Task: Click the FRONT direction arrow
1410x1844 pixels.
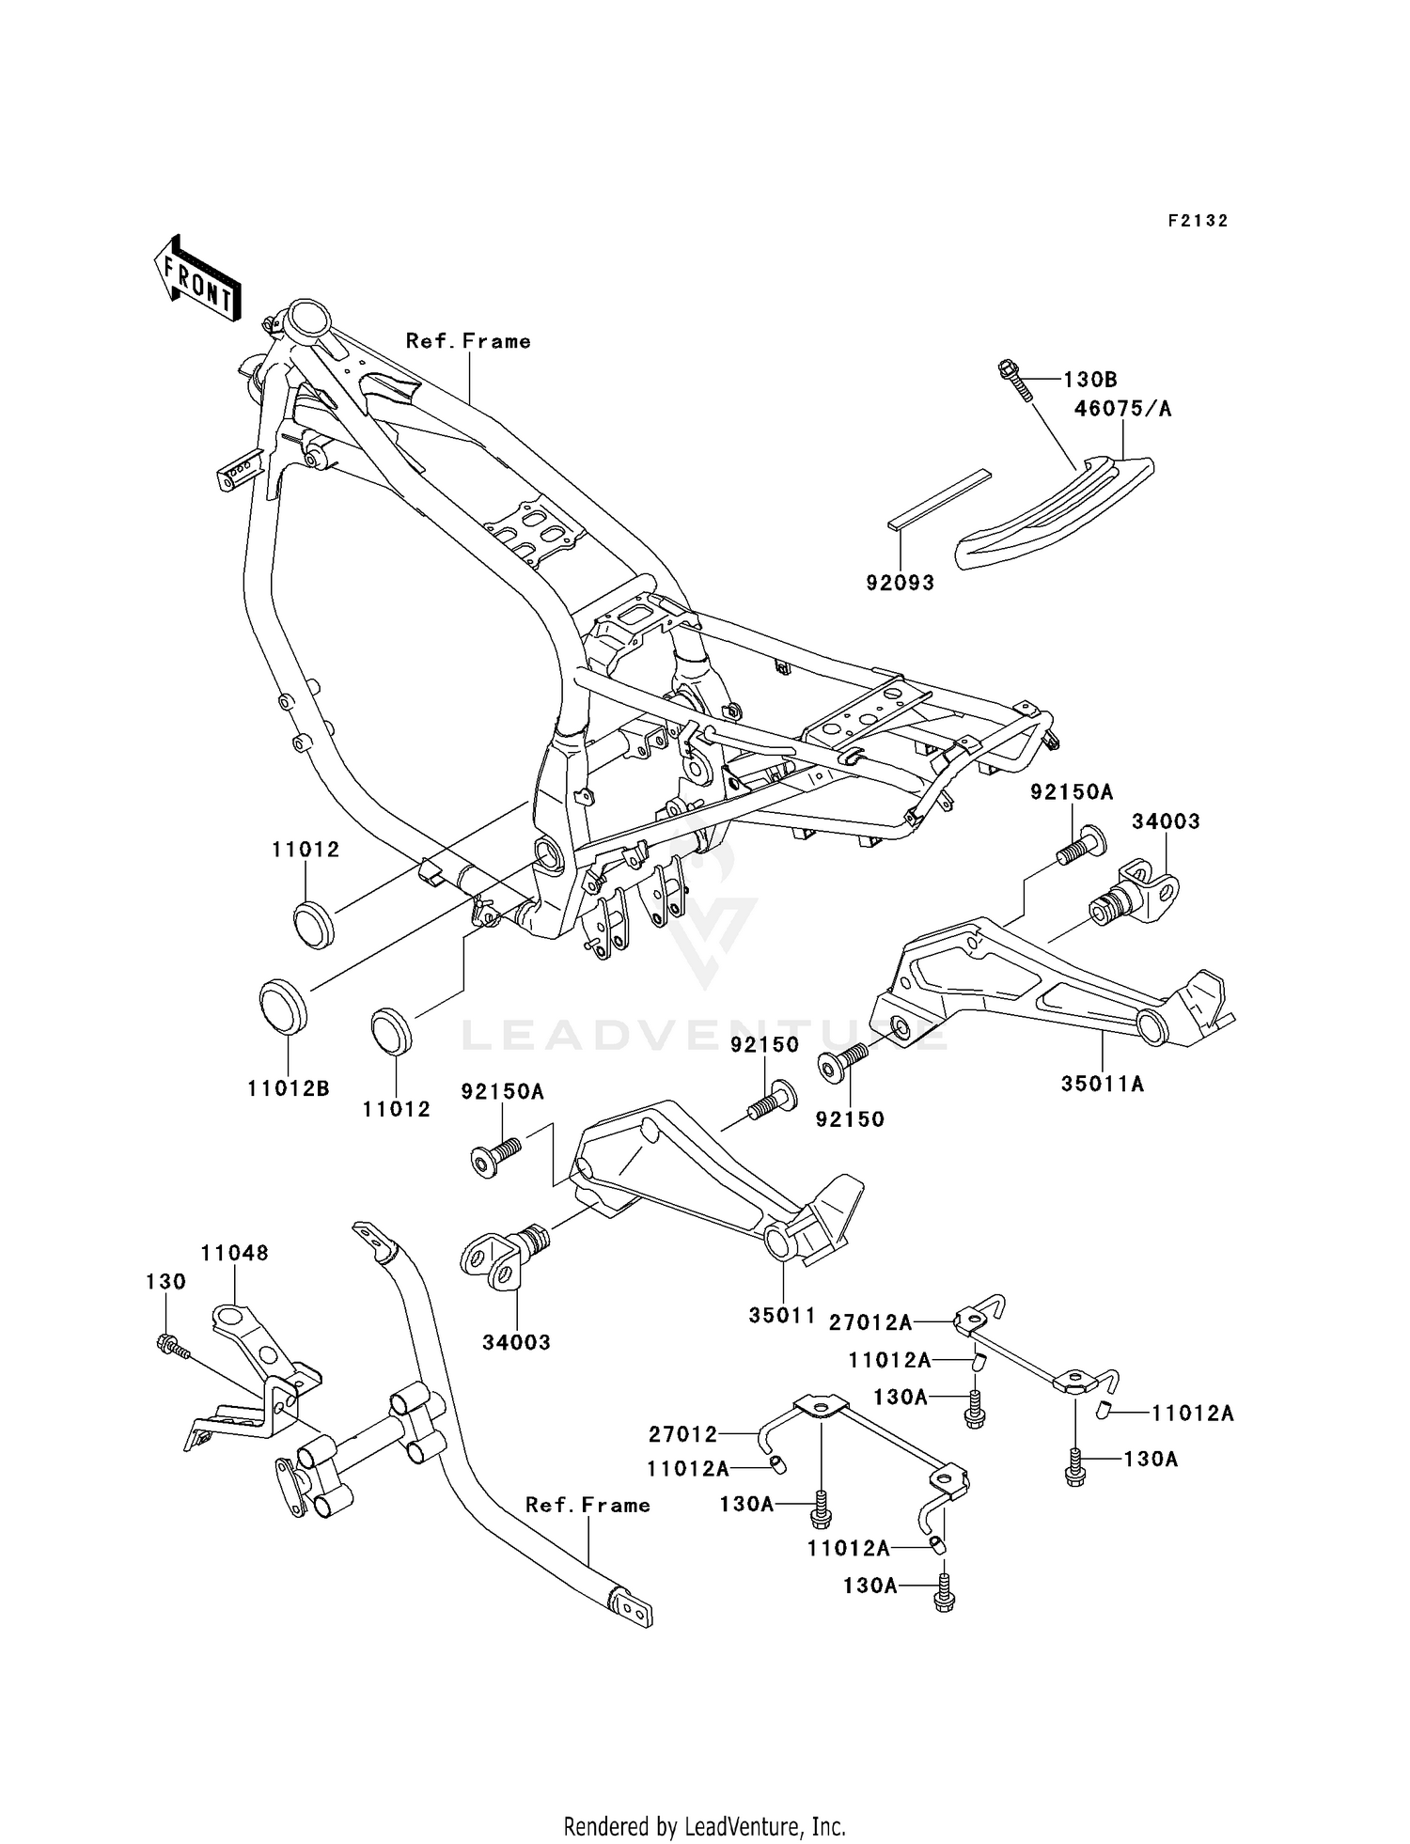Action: [196, 279]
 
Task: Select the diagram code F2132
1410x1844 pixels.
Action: [1198, 221]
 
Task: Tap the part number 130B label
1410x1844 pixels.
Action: [1090, 380]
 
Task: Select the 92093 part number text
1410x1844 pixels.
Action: [901, 583]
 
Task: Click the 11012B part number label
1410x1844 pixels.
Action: [289, 1088]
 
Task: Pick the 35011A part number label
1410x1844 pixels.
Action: [1103, 1084]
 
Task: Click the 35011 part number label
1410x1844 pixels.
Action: [782, 1316]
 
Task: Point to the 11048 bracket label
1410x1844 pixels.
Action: [235, 1253]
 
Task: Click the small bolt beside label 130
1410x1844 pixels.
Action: [172, 1347]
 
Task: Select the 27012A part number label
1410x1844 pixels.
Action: [870, 1323]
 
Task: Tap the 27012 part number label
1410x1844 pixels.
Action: [682, 1434]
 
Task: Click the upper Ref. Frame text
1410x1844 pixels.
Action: [468, 341]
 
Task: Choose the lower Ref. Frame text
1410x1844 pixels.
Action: [587, 1505]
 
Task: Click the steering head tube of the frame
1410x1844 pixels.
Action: [307, 323]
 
